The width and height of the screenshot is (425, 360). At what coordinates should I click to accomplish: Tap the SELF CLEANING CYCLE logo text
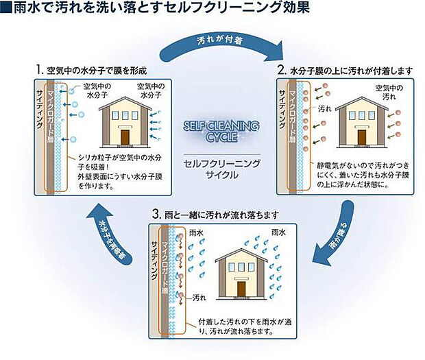click(x=221, y=131)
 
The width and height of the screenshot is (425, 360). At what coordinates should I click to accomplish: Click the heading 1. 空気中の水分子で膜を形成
click(x=96, y=71)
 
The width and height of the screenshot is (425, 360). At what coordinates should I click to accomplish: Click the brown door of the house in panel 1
click(x=125, y=136)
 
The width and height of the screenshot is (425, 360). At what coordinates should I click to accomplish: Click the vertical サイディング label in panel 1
click(x=39, y=113)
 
